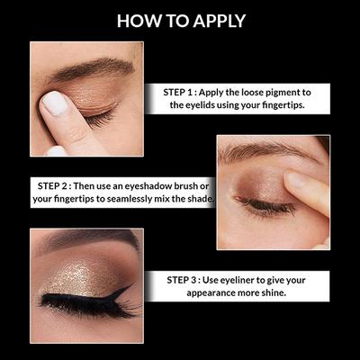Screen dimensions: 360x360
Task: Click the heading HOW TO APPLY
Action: click(x=180, y=20)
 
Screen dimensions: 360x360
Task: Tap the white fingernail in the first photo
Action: click(x=55, y=104)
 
